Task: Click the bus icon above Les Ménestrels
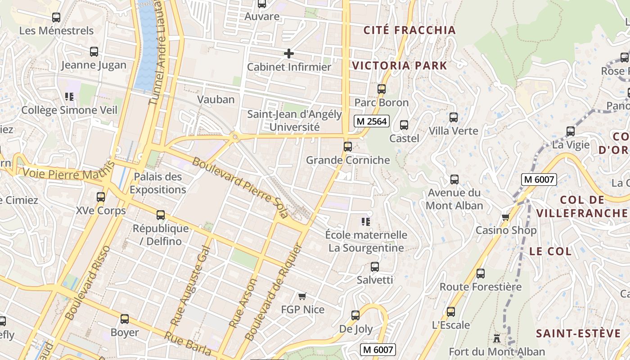56,18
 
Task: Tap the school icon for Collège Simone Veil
69,96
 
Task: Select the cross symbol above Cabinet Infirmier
289,54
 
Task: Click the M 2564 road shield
371,121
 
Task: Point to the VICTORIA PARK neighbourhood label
400,66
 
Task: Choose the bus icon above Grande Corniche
347,147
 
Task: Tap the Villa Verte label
453,131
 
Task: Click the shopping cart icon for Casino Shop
505,217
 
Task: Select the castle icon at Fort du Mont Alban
497,338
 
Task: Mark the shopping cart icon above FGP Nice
302,296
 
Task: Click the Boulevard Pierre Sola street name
239,187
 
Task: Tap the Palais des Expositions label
158,183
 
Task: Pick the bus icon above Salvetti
375,267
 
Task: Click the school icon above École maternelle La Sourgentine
366,221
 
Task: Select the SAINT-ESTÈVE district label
578,333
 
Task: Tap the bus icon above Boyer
125,319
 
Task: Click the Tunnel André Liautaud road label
160,52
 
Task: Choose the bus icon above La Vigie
571,131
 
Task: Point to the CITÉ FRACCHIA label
409,30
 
